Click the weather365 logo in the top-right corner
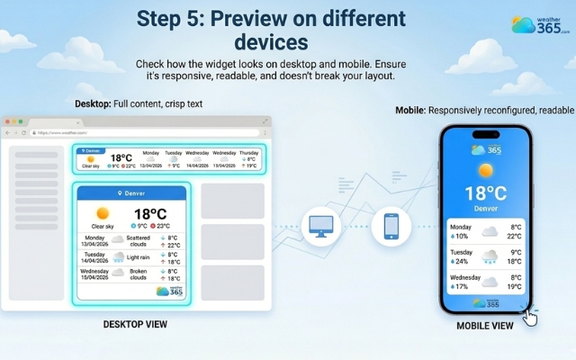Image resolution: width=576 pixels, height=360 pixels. (x=540, y=24)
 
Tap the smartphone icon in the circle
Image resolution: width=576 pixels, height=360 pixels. (x=391, y=226)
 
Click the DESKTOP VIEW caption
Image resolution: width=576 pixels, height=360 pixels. (x=135, y=324)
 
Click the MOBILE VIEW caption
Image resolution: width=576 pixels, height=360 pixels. (x=484, y=326)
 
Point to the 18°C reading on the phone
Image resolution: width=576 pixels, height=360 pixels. (x=486, y=193)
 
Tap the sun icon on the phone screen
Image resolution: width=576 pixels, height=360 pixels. (x=486, y=170)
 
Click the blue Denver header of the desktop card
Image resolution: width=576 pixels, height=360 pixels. (x=132, y=193)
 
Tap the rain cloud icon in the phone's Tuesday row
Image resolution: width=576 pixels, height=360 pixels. (x=490, y=256)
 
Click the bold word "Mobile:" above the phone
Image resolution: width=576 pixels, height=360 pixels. (x=410, y=110)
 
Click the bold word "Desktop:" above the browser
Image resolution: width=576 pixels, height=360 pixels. (x=93, y=103)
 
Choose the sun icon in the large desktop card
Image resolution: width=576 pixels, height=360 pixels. (x=103, y=213)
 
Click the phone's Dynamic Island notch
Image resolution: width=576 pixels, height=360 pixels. (x=485, y=135)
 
